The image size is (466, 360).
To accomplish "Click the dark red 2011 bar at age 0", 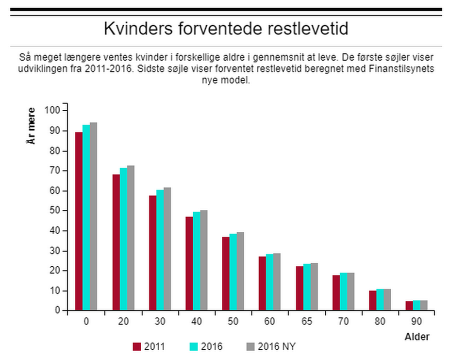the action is (79, 221).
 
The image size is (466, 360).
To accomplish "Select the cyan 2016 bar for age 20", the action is (123, 239).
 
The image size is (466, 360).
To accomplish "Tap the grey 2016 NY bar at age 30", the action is (167, 249).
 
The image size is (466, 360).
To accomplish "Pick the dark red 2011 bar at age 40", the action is (189, 263).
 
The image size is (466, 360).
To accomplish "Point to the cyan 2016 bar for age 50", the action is (233, 272).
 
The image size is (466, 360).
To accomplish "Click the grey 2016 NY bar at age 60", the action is (277, 282).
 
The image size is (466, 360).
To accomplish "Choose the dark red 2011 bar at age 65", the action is (300, 288).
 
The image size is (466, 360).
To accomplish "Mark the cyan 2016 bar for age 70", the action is (343, 291).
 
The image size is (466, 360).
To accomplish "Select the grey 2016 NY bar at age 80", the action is (387, 300).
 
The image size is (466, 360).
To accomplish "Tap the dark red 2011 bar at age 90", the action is (409, 306).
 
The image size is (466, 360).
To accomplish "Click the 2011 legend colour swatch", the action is (137, 346).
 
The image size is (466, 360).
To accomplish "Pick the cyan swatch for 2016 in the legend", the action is (194, 346).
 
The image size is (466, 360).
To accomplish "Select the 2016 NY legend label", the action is (277, 346).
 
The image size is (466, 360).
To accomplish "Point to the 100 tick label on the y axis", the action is (52, 110).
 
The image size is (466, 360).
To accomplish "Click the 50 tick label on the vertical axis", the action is (55, 211).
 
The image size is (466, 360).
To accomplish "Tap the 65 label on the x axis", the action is (307, 321).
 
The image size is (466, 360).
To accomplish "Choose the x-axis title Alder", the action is (417, 337).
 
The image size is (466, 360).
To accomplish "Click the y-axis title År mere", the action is (31, 126).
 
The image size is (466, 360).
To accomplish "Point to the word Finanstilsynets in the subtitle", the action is (401, 69).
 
